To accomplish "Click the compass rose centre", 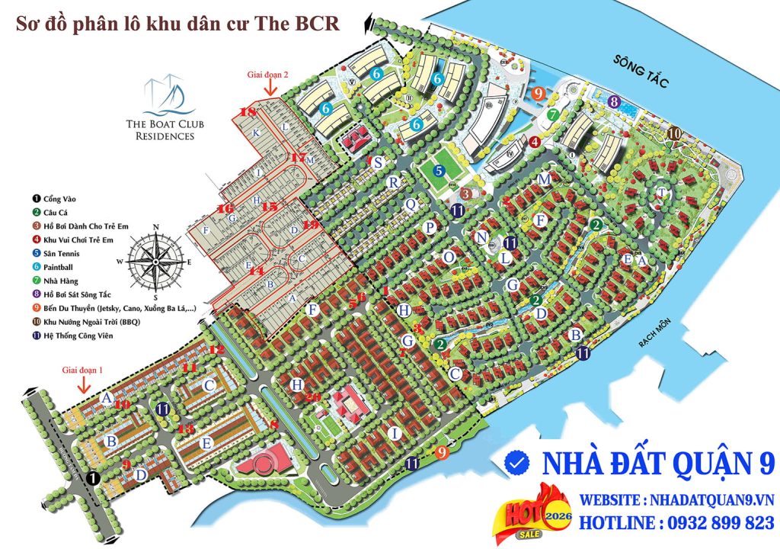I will [155, 261].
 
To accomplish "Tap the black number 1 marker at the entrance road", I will [93, 478].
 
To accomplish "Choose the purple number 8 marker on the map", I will [613, 101].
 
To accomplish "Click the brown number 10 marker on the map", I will [674, 133].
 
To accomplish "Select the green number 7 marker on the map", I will [553, 114].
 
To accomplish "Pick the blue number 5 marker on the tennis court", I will [439, 172].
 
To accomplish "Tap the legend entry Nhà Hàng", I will [55, 281].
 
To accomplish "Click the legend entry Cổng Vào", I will [54, 199].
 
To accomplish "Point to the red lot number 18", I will [248, 111].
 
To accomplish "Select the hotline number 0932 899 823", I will [709, 523].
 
